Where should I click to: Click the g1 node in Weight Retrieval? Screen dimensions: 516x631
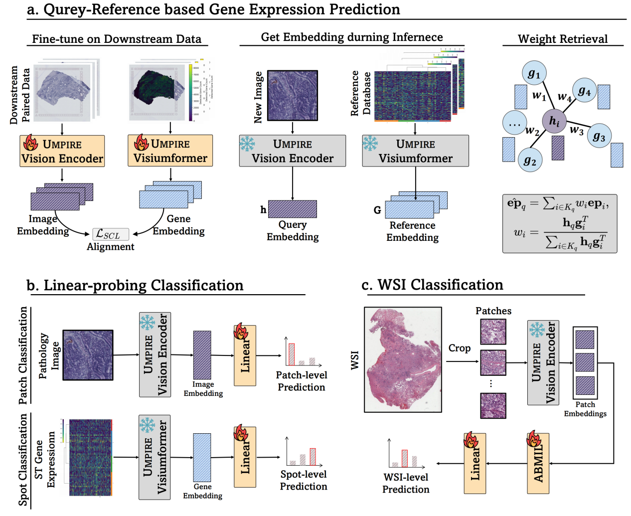(534, 74)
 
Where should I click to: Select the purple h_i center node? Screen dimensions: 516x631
(554, 121)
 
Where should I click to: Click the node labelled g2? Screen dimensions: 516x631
(530, 160)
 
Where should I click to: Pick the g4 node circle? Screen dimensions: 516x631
(584, 91)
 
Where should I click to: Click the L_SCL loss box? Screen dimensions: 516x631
(111, 234)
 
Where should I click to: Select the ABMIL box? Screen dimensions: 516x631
(538, 463)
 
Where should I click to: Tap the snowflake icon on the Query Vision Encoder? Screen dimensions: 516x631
(247, 144)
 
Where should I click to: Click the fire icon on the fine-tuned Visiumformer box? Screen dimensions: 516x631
(142, 143)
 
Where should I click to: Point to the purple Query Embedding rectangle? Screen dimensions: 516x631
(293, 209)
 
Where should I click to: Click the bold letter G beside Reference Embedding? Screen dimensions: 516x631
(377, 210)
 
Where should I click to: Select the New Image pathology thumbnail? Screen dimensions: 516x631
(293, 95)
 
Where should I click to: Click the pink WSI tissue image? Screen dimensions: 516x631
(403, 359)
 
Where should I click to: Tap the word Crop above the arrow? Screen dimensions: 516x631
(459, 348)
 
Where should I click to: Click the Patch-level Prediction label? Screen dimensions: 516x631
(302, 381)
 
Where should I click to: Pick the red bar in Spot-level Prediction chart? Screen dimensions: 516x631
(313, 456)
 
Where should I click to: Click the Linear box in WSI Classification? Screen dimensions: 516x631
(475, 463)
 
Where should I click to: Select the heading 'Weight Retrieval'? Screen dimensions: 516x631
(563, 39)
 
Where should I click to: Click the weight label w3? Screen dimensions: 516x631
(577, 131)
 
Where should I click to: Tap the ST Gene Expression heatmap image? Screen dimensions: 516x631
(90, 457)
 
